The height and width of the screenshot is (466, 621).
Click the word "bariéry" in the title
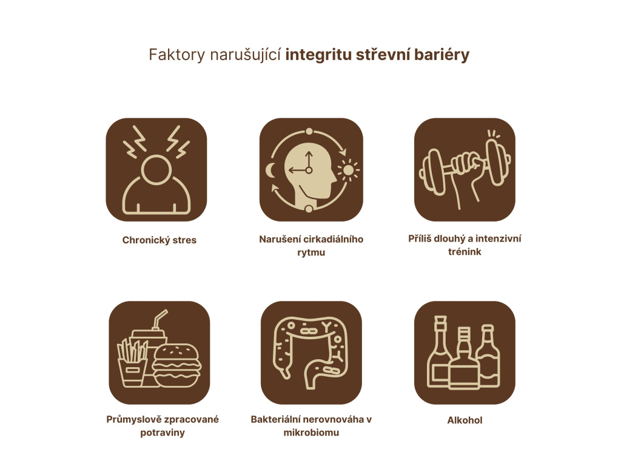tap(442, 55)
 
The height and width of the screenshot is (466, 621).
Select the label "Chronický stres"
tap(159, 240)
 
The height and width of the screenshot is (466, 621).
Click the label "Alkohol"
tap(465, 420)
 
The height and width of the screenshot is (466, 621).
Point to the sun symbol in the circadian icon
tap(348, 170)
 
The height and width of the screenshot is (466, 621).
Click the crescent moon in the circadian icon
tap(270, 171)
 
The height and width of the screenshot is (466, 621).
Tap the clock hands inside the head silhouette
tap(306, 167)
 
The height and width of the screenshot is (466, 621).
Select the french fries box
tap(132, 364)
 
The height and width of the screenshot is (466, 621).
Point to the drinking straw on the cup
tap(160, 319)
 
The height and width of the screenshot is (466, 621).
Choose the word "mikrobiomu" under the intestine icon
tap(311, 433)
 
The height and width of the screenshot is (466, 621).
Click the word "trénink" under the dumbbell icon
tap(465, 251)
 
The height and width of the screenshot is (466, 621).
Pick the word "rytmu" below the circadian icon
tap(311, 252)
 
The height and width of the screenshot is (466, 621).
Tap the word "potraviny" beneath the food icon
tap(162, 433)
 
